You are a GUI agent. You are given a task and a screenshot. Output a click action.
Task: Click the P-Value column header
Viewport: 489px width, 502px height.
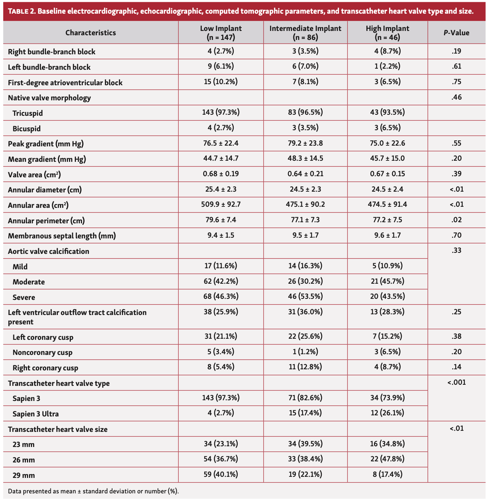pos(456,33)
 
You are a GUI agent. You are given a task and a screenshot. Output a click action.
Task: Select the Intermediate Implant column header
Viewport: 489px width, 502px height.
pos(305,32)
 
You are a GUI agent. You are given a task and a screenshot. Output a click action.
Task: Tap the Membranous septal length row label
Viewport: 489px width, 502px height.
pos(62,236)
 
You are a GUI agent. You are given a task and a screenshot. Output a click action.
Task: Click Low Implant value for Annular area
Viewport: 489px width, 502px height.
pos(221,205)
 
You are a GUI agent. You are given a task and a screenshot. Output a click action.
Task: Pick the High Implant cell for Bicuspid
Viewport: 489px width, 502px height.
pos(388,128)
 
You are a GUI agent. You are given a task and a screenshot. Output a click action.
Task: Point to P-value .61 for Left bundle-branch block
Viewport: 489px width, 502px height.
pos(456,67)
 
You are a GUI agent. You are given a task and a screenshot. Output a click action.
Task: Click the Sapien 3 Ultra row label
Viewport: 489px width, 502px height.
pos(36,414)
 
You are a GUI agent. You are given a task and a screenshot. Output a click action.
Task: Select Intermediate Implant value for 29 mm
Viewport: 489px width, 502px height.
pos(305,475)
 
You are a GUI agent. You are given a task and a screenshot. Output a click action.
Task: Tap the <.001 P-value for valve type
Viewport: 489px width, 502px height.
pos(456,383)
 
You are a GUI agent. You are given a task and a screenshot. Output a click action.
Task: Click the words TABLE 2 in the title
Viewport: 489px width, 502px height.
pos(21,11)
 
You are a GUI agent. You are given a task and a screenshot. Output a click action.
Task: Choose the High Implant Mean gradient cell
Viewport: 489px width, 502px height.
pos(388,159)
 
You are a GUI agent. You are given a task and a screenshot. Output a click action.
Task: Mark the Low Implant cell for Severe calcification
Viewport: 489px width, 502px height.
pos(221,297)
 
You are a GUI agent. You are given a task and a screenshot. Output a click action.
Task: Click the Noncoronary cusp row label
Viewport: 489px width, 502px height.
pos(42,352)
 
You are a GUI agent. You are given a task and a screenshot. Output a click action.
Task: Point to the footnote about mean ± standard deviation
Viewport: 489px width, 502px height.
pos(93,491)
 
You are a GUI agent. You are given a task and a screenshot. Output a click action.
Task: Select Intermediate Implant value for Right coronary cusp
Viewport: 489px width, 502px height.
pos(305,367)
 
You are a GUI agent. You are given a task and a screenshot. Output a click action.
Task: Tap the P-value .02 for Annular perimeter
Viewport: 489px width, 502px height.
pos(456,220)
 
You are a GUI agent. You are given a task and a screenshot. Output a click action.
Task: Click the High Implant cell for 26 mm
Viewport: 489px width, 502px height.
pos(388,459)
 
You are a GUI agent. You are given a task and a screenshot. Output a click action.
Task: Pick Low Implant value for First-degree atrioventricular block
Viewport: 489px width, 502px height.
pos(221,82)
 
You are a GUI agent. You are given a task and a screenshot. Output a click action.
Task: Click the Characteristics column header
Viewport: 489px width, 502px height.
pos(91,33)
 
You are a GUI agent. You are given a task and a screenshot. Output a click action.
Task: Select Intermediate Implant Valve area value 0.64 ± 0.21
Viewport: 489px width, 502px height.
pos(305,174)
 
